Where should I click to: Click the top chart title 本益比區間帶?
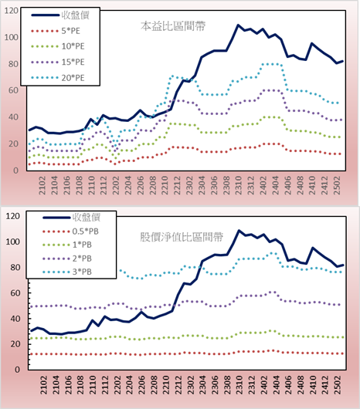point(173,26)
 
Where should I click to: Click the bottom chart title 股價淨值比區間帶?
point(182,237)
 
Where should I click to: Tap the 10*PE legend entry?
point(58,46)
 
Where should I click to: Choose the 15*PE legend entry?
point(58,62)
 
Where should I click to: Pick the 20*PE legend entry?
point(58,78)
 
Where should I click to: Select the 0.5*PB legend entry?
point(70,232)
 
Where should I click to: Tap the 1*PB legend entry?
point(67,245)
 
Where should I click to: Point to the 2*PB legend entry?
point(67,259)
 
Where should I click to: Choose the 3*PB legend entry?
point(67,272)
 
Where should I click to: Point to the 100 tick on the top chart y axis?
point(12,37)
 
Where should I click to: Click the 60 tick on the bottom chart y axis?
point(13,293)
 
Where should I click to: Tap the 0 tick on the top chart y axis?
point(15,171)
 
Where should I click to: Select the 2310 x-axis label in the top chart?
point(239,185)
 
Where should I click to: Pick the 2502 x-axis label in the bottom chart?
point(338,385)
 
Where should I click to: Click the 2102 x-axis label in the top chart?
point(42,185)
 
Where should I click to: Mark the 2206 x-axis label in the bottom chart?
point(141,385)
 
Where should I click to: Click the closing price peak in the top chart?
point(238,25)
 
